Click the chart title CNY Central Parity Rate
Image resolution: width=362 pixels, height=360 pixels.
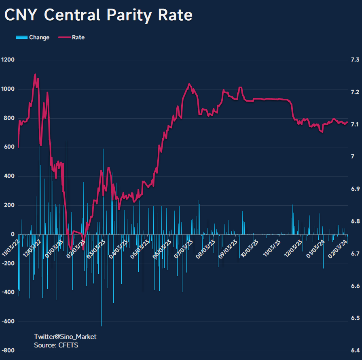(98, 15)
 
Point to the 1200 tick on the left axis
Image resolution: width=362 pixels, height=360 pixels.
(8, 60)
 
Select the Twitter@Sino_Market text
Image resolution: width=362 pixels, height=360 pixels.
(65, 337)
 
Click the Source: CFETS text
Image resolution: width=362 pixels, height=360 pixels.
(56, 345)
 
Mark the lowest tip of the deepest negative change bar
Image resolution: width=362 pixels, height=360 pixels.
(101, 326)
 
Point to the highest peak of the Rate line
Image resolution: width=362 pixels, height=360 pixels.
(35, 74)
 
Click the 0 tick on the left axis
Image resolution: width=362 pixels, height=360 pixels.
(13, 234)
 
